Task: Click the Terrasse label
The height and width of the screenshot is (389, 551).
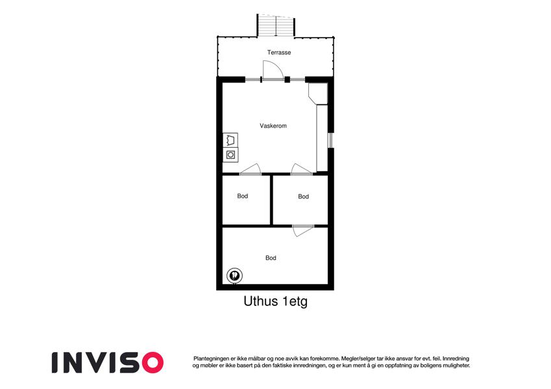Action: click(279, 53)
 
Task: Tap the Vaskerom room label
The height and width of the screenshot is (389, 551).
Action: click(273, 126)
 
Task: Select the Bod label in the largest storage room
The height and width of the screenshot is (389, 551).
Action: click(271, 257)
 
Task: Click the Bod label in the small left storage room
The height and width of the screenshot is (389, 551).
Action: click(243, 196)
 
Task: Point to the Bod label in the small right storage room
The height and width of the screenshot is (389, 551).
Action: click(303, 196)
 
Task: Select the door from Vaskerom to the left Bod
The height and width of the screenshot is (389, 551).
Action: click(251, 169)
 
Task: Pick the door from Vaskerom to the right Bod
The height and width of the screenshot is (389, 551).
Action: click(301, 169)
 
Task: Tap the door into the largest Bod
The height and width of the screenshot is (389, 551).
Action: click(302, 230)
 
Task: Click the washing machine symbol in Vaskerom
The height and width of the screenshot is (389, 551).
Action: click(230, 154)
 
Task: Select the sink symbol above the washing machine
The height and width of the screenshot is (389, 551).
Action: click(230, 140)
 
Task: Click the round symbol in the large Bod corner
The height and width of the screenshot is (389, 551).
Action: click(234, 276)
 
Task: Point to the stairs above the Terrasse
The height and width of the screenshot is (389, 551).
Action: click(276, 25)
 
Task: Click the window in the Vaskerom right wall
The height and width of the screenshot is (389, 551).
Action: click(330, 140)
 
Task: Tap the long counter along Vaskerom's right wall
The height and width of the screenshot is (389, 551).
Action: click(322, 138)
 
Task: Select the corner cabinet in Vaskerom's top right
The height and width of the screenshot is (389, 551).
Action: click(318, 93)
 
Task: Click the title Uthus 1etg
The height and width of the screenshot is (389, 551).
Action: click(275, 301)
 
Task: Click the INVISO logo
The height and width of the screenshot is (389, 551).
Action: click(108, 362)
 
